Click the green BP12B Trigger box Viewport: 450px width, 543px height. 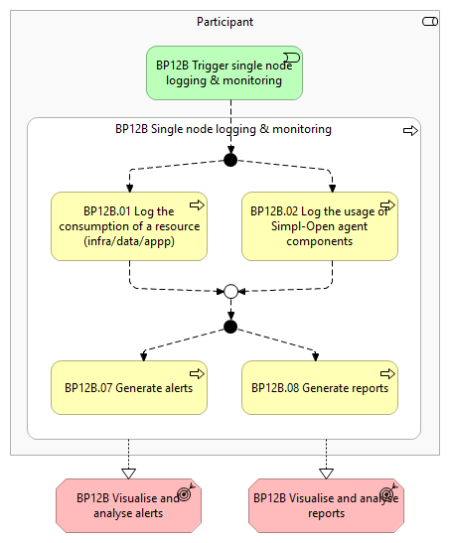click(225, 73)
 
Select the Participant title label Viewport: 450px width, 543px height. click(225, 22)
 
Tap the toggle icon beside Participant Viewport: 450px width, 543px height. click(430, 22)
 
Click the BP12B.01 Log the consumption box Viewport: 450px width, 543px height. click(129, 226)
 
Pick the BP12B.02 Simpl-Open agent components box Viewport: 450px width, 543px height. click(320, 226)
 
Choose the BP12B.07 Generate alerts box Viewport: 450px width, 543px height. click(129, 387)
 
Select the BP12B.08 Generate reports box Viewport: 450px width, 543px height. click(320, 387)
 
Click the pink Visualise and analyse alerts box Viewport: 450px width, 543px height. click(128, 505)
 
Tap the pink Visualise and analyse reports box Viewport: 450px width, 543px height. click(327, 505)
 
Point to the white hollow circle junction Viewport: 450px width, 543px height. click(231, 291)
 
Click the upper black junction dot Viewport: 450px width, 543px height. click(230, 160)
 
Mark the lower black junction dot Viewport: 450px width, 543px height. click(230, 327)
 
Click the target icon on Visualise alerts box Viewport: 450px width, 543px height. click(185, 492)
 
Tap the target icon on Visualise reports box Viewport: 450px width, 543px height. click(387, 492)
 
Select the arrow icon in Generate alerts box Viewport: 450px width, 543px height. click(197, 373)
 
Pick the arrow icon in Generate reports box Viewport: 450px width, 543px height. click(387, 373)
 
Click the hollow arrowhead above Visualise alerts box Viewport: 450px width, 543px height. click(128, 474)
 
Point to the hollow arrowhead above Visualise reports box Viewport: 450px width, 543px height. click(326, 474)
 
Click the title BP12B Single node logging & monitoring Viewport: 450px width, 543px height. click(224, 129)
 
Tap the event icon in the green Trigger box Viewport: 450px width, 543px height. click(292, 58)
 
